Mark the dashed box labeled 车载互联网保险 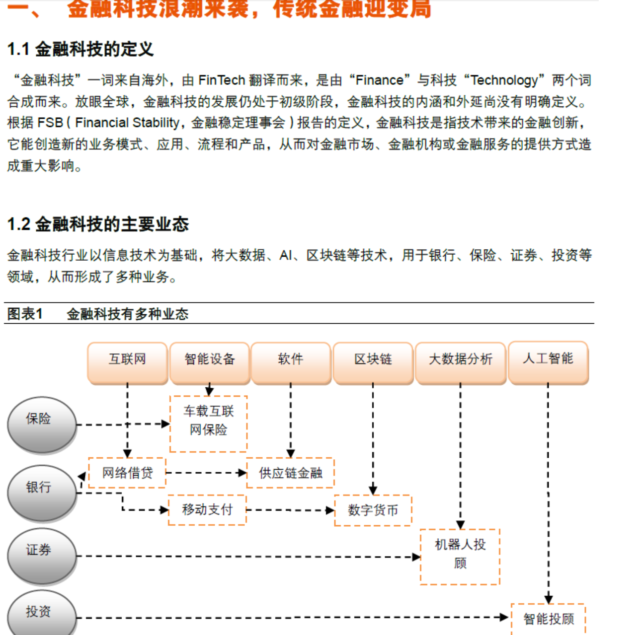click(x=209, y=423)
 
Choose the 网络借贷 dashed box click(x=127, y=473)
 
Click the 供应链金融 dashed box click(x=290, y=473)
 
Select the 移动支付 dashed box click(x=207, y=510)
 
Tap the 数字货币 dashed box click(x=373, y=510)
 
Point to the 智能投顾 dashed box click(x=549, y=619)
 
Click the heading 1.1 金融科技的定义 click(x=80, y=49)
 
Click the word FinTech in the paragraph click(x=222, y=80)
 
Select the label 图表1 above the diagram click(x=25, y=314)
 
